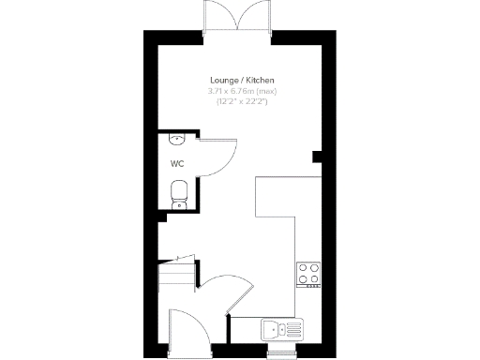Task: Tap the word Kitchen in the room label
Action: [260, 82]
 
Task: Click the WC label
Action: [176, 163]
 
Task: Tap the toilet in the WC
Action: [179, 193]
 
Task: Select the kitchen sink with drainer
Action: [280, 329]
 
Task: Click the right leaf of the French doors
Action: [255, 17]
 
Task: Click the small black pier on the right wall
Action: [317, 154]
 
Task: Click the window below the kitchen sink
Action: [281, 353]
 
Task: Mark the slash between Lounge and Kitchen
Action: [243, 82]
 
